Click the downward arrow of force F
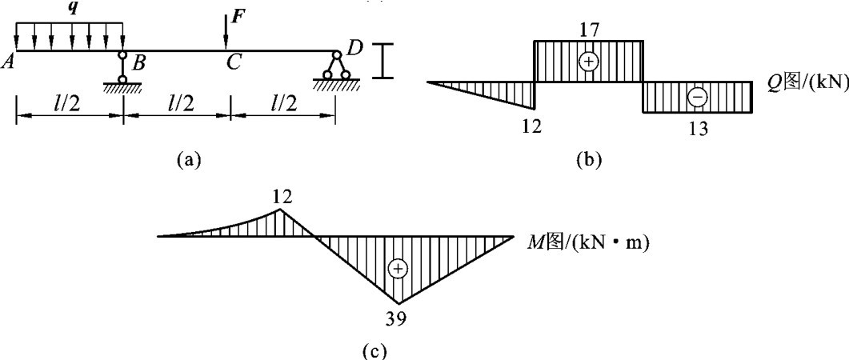[226, 32]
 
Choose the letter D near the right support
[355, 48]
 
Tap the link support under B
[122, 67]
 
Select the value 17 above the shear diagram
[588, 30]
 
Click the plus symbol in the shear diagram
[589, 62]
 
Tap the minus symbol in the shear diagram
[697, 97]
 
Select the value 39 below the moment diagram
[397, 319]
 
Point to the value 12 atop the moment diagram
[281, 197]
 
